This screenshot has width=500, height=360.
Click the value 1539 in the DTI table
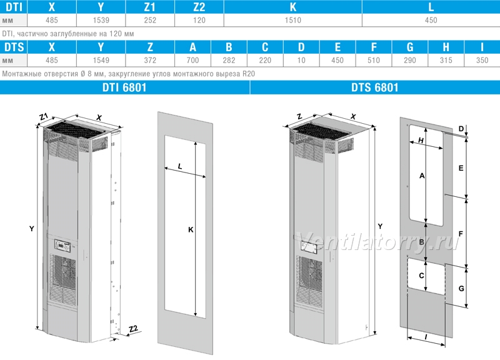[x=101, y=20]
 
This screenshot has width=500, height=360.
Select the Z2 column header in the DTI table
[x=199, y=7]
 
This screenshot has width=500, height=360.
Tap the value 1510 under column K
[x=292, y=20]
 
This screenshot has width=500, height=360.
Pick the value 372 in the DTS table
[x=150, y=60]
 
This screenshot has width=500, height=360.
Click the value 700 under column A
[x=192, y=60]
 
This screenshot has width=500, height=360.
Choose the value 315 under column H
[x=446, y=60]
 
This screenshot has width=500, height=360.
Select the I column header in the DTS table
[x=482, y=47]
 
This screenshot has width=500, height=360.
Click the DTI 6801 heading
[x=124, y=87]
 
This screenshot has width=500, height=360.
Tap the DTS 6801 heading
[x=374, y=87]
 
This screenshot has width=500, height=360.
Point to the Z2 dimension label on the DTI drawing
[x=133, y=328]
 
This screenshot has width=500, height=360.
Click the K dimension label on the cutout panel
[x=191, y=229]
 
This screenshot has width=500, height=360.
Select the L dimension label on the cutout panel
[x=180, y=166]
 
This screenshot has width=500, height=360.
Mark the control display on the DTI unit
[x=62, y=245]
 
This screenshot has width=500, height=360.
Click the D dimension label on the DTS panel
[x=461, y=129]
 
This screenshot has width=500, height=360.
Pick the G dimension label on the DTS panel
[x=461, y=289]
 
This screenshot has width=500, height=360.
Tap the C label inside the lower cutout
[x=421, y=276]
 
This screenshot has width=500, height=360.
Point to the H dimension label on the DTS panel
[x=421, y=140]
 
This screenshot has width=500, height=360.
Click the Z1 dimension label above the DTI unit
[x=44, y=117]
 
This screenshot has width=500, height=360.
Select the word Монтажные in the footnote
[x=20, y=74]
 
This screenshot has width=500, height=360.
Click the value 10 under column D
[x=301, y=60]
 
